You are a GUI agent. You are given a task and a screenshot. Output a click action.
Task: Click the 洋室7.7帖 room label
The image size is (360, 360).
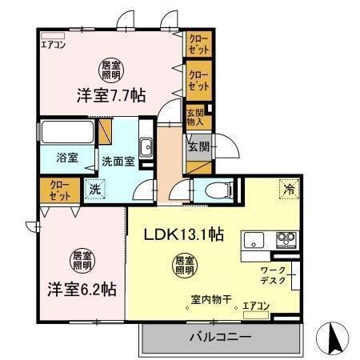(x=110, y=94)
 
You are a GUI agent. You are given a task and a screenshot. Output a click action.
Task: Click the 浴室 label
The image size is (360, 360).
(x=66, y=157)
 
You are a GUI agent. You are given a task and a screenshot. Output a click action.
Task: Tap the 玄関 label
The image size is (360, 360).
(x=198, y=146)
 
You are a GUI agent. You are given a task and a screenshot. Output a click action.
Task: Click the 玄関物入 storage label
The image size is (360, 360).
(x=197, y=117)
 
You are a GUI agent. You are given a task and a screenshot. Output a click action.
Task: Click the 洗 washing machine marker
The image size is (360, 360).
(x=95, y=190)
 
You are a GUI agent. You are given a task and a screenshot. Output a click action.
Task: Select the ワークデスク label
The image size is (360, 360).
(x=273, y=276)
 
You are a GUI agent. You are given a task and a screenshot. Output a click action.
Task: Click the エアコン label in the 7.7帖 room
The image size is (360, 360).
(x=54, y=45)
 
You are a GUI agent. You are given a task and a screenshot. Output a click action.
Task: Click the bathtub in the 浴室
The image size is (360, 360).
(x=67, y=132)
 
